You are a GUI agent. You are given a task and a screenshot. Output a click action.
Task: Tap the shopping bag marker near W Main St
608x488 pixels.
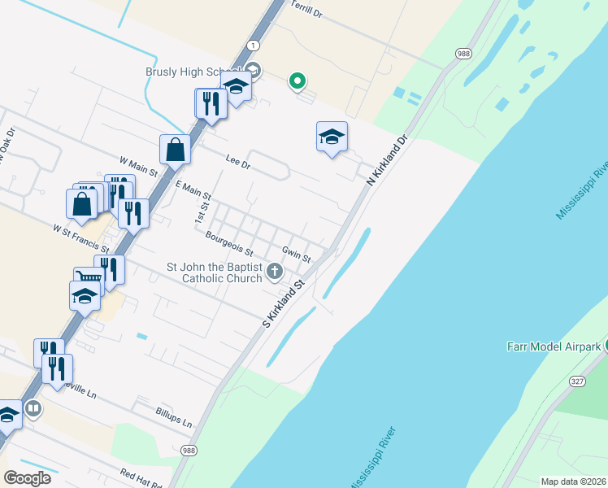click(x=176, y=150)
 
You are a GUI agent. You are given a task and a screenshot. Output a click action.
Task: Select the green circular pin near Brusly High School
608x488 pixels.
click(x=297, y=80)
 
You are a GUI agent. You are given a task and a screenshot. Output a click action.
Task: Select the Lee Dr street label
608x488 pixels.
click(x=237, y=163)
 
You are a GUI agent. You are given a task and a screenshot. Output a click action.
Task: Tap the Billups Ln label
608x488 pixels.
click(x=175, y=418)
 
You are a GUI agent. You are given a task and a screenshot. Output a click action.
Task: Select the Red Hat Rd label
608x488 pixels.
click(x=141, y=477)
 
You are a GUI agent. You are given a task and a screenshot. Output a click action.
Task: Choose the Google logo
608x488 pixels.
click(x=27, y=478)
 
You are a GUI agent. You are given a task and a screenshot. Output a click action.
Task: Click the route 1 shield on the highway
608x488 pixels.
click(x=254, y=46)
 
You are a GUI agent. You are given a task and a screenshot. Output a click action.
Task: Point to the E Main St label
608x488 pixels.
click(x=193, y=191)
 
